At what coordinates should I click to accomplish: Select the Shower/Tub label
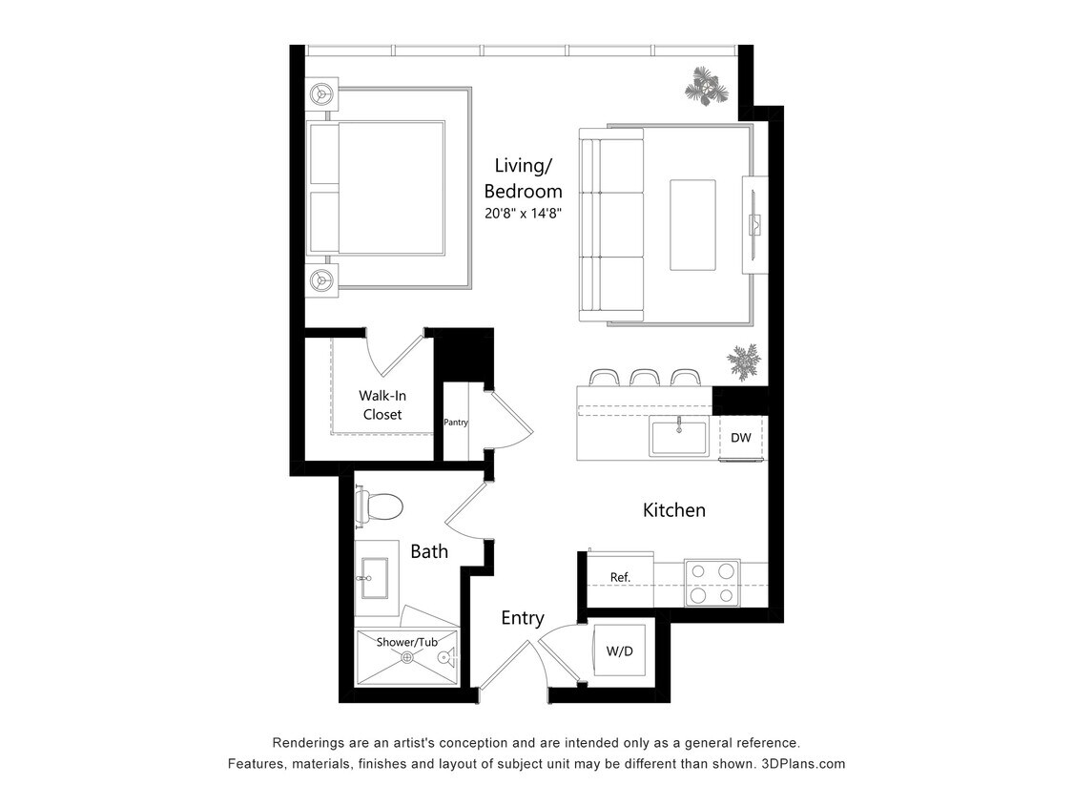pos(406,643)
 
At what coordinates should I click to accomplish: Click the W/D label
pos(620,651)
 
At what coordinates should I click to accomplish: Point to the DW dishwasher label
pos(741,438)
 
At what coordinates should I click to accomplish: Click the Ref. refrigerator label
pos(620,577)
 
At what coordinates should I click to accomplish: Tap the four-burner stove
pos(712,583)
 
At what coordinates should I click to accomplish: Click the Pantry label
pos(456,423)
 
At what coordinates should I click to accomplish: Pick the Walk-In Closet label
pos(382,405)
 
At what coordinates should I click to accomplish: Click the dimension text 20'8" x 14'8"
pos(523,214)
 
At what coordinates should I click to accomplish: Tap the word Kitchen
pos(674,510)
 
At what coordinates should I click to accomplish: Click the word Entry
pos(523,618)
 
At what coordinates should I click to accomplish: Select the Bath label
pos(429,551)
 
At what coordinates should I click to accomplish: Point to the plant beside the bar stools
pos(744,361)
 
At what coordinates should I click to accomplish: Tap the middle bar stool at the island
pos(644,378)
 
